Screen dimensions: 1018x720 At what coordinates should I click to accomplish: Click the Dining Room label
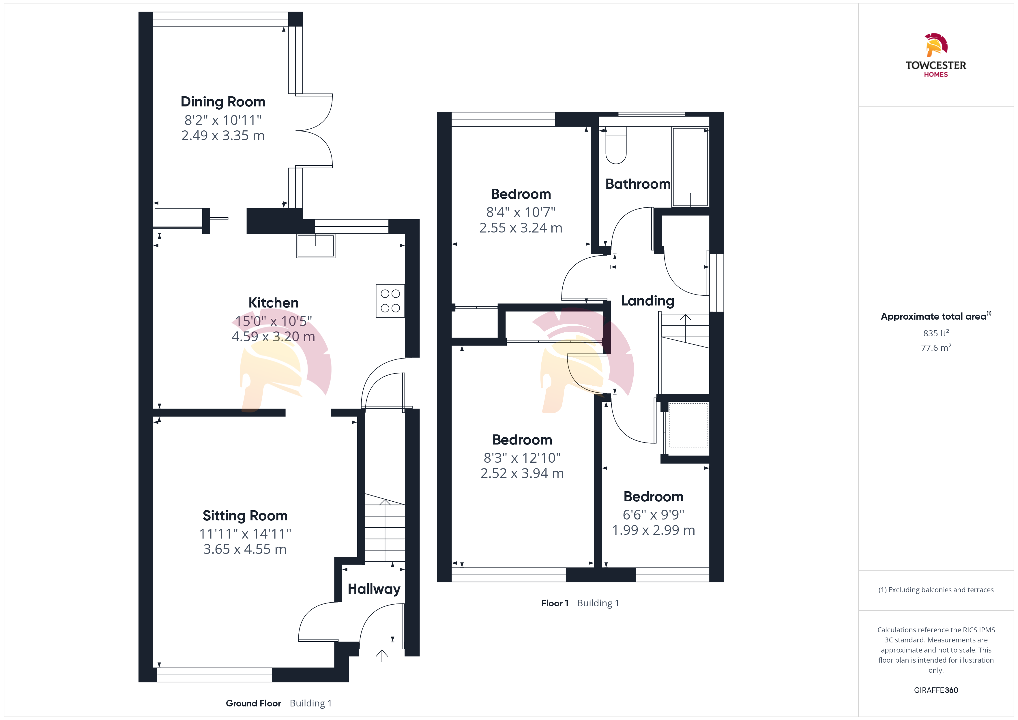coord(223,102)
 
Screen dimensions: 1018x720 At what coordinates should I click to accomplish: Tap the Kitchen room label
coord(274,303)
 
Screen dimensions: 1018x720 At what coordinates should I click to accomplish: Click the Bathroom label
coord(638,184)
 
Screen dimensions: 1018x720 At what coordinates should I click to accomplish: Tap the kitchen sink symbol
coord(316,245)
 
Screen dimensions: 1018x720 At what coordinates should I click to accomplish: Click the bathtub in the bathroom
coord(690,167)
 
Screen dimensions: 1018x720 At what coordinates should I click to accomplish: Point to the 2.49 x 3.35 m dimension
coord(223,136)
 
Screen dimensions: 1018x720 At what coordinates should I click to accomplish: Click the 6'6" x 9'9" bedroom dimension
coord(654,515)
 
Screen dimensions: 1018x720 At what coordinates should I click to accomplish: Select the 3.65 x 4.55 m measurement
coord(245,549)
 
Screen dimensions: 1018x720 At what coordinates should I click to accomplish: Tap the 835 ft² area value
coord(936,333)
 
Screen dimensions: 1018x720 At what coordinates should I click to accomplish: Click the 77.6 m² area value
coord(936,348)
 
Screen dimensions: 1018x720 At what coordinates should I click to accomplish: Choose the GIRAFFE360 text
coord(936,690)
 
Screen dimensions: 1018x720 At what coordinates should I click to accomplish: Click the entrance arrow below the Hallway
coord(382,656)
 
